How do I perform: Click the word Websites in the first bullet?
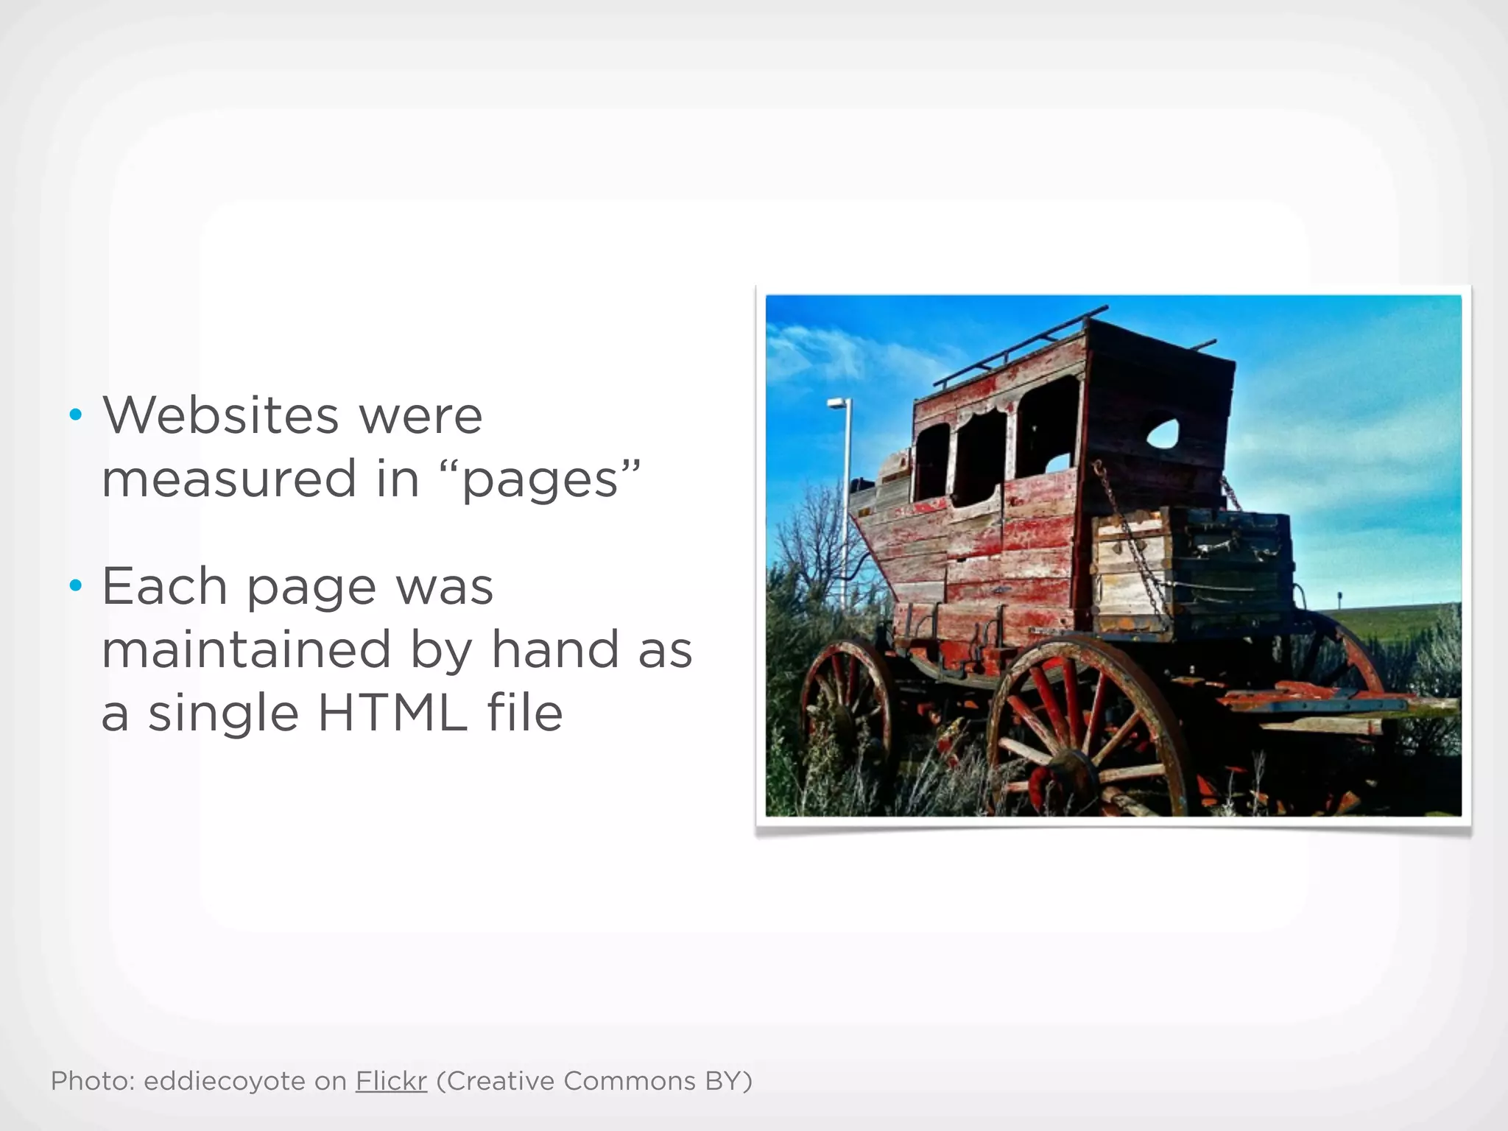[220, 415]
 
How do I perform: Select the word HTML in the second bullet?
[392, 714]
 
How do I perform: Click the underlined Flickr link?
[391, 1081]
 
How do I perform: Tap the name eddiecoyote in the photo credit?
[224, 1081]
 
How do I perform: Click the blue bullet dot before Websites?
[74, 416]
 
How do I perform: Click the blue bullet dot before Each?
[74, 587]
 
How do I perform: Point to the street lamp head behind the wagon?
[838, 403]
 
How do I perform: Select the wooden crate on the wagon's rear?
[1193, 567]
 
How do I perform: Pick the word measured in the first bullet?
[230, 479]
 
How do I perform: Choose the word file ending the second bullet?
[525, 714]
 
